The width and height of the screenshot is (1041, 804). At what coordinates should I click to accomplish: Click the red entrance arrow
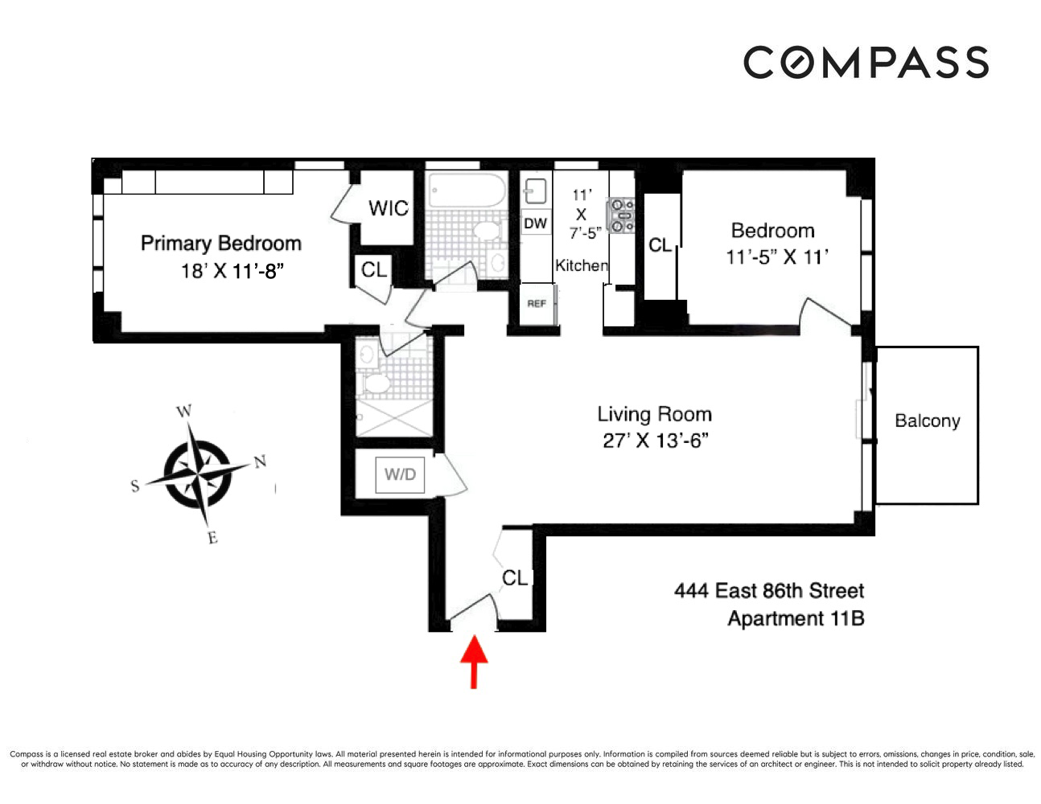(474, 662)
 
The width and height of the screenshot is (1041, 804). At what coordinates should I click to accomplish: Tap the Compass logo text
(866, 63)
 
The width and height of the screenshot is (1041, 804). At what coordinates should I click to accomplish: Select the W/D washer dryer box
(400, 474)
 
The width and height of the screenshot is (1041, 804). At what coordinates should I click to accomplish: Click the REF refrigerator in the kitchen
(537, 304)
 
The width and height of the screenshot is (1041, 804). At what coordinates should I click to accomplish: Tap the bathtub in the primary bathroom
(466, 191)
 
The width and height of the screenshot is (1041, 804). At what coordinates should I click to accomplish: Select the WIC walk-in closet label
(389, 208)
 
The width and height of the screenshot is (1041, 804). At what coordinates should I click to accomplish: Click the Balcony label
(927, 420)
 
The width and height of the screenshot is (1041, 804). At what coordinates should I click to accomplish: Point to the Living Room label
(654, 414)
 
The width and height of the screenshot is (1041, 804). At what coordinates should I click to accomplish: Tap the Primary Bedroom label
(220, 243)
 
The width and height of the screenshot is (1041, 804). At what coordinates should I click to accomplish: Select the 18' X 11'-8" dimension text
(232, 271)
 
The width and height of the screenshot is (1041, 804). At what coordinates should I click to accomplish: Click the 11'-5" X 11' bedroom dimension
(776, 257)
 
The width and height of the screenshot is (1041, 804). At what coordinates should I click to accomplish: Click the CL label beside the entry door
(515, 578)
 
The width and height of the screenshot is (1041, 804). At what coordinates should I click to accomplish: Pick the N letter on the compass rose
(260, 461)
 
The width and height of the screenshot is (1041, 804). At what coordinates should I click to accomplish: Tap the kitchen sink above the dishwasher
(535, 191)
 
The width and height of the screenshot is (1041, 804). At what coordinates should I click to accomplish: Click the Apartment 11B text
(795, 618)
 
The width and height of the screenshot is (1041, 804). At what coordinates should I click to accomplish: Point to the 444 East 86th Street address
(769, 591)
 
